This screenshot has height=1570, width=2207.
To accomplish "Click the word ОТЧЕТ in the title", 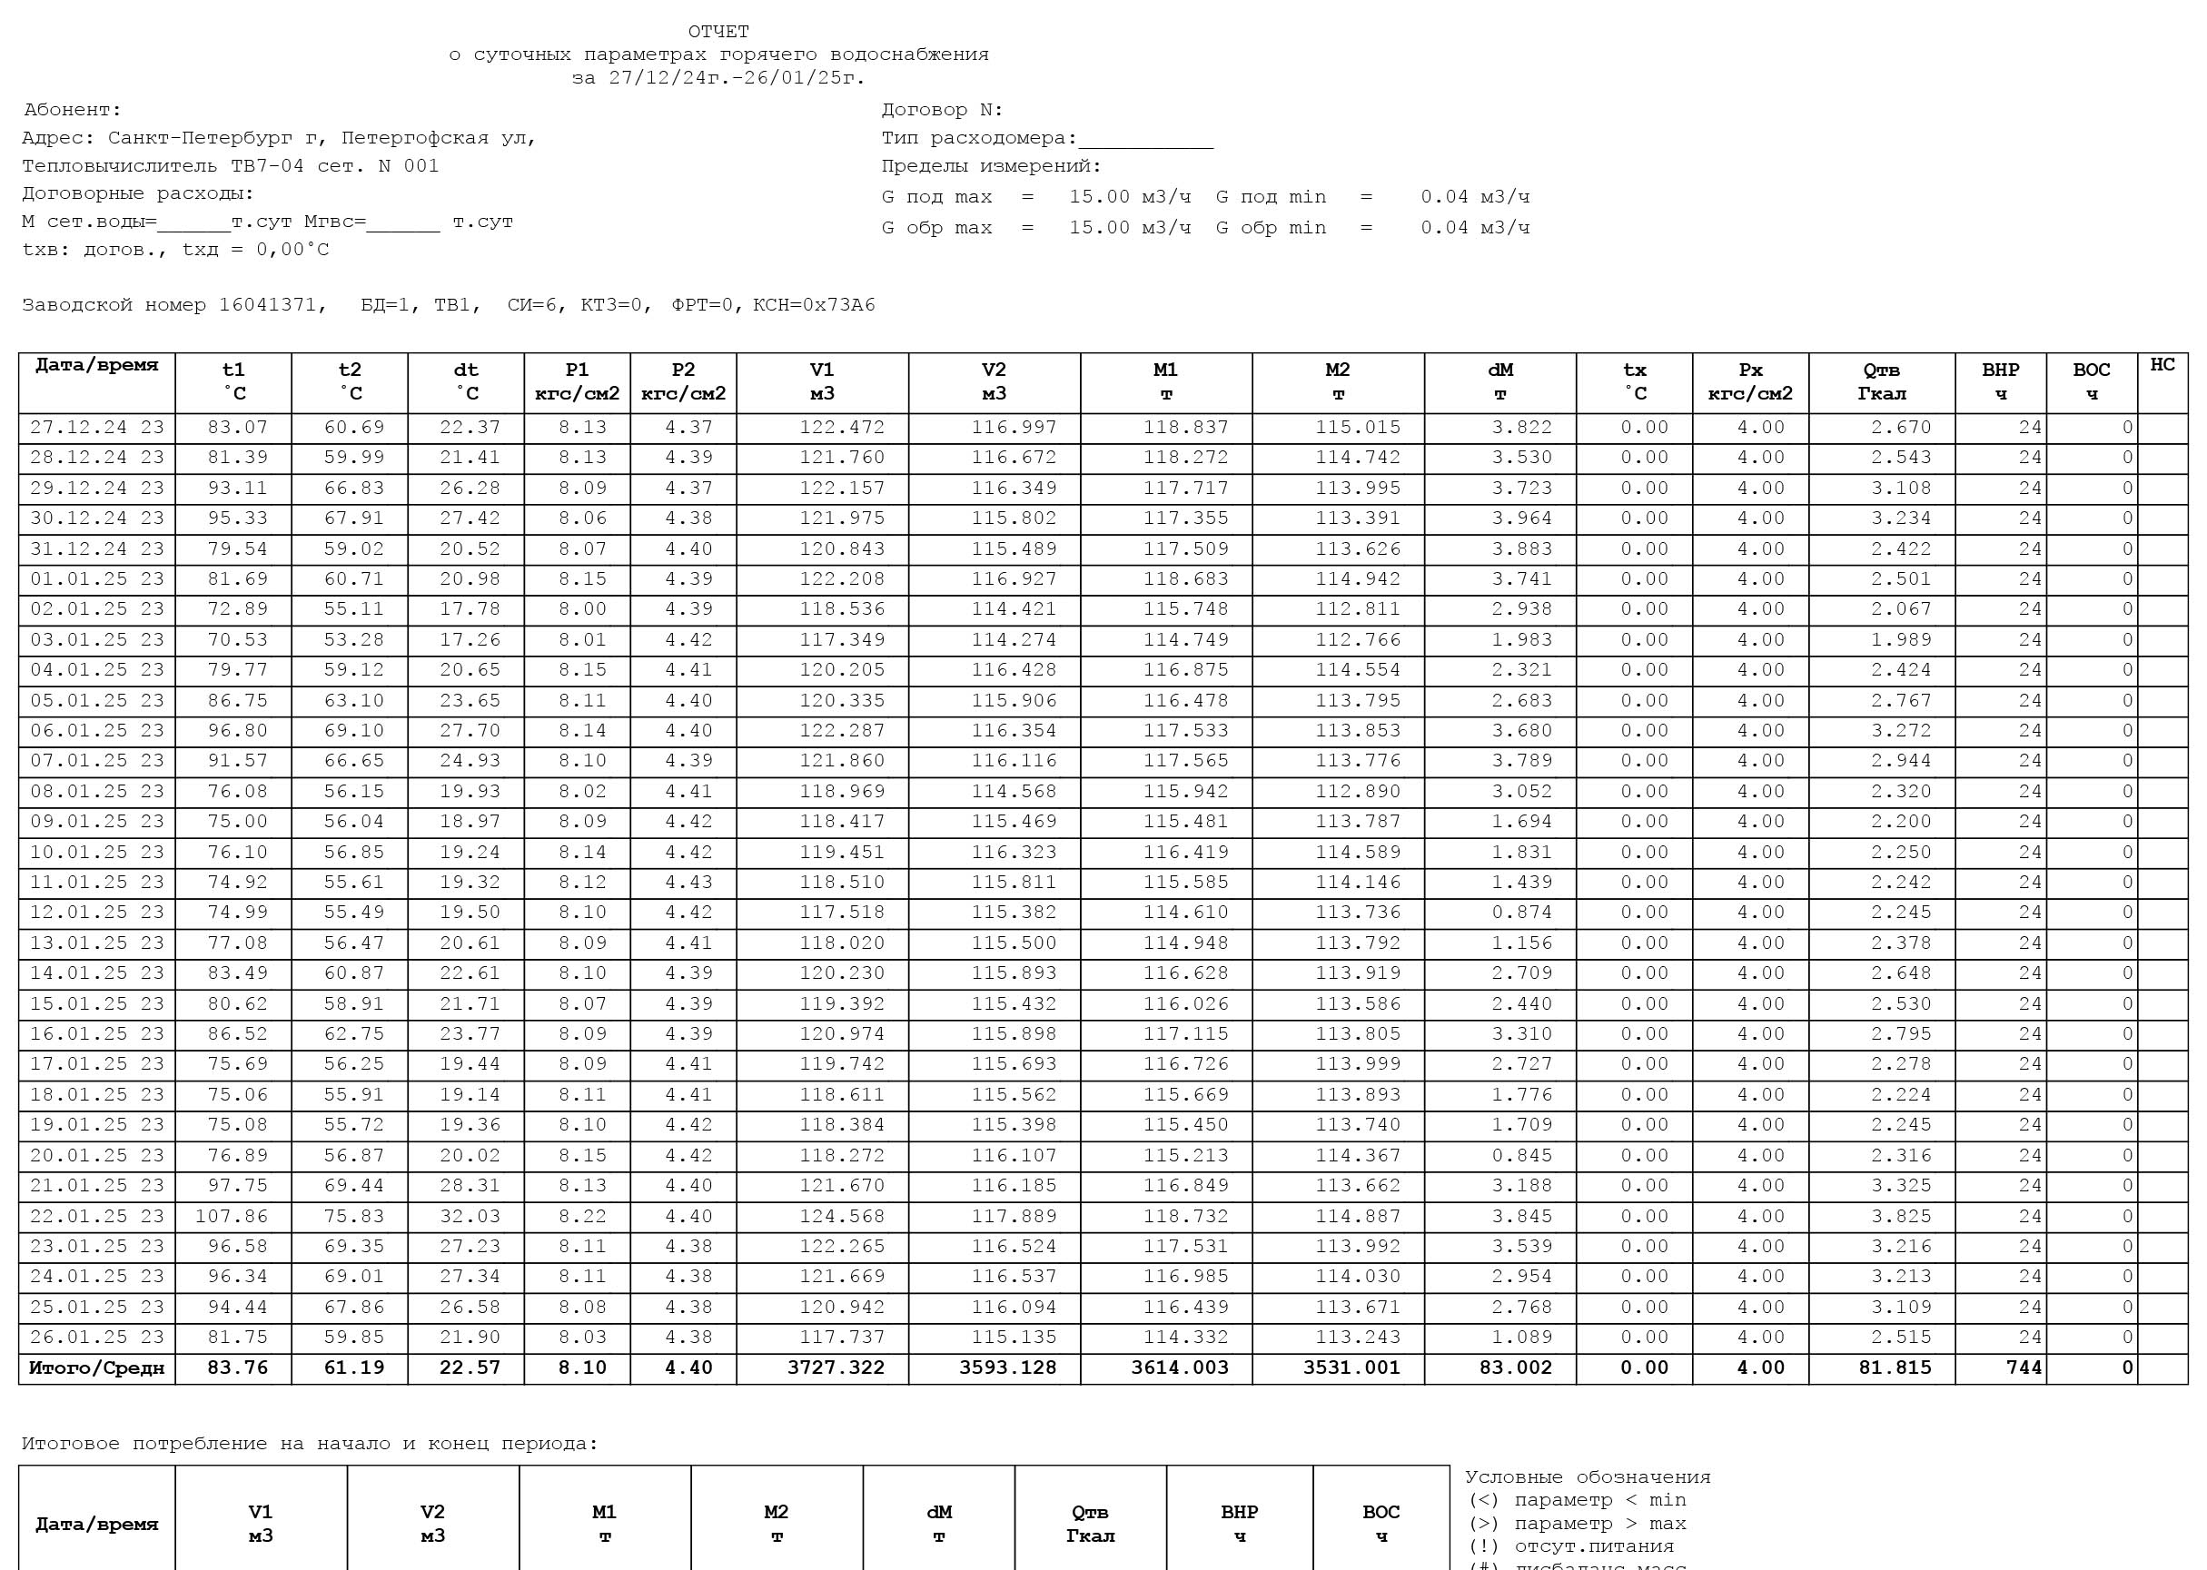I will [718, 32].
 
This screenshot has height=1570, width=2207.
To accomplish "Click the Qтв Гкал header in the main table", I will [1880, 382].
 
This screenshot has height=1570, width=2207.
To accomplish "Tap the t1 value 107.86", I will [231, 1216].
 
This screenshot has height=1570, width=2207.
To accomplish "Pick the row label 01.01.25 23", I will [96, 579].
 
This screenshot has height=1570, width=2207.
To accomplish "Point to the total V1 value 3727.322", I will [836, 1368].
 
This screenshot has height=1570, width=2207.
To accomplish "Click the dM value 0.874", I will [1520, 913].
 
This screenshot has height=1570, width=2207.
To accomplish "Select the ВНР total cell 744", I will [2024, 1368].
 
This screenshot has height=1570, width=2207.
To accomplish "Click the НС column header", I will [2162, 365].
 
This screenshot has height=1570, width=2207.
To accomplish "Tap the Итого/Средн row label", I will [96, 1368].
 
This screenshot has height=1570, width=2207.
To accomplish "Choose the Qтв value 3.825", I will [1901, 1216].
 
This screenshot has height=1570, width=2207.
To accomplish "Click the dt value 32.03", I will [470, 1216].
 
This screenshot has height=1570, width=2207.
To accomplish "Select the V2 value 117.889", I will [1014, 1216].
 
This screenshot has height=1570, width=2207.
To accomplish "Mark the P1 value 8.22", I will [582, 1216].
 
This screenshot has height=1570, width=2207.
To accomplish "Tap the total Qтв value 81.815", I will [1894, 1368].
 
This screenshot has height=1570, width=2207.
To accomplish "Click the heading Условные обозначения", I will [1588, 1477].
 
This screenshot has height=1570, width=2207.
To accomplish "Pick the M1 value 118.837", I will [1186, 428].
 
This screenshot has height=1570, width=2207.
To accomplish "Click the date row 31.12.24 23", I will [96, 549].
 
